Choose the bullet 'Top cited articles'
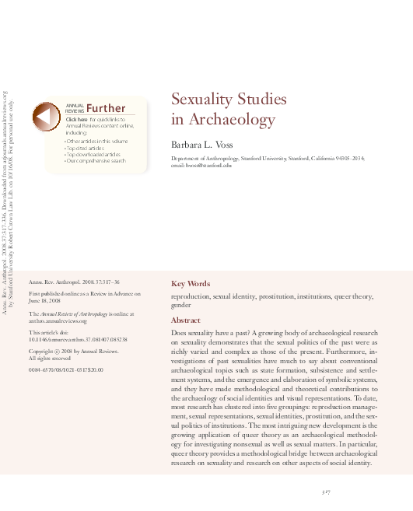(86, 147)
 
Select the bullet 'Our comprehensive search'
(96, 161)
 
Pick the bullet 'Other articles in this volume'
(97, 140)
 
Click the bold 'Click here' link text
(77, 119)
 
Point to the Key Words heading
(191, 284)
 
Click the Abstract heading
(185, 320)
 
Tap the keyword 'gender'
(181, 306)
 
